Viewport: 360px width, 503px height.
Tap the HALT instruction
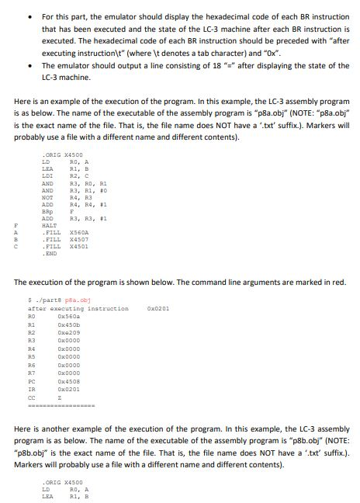(49, 225)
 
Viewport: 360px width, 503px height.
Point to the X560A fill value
(79, 232)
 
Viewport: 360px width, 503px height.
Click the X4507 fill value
(79, 239)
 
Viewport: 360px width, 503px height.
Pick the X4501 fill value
(79, 246)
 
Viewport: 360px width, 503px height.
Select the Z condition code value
(61, 397)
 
